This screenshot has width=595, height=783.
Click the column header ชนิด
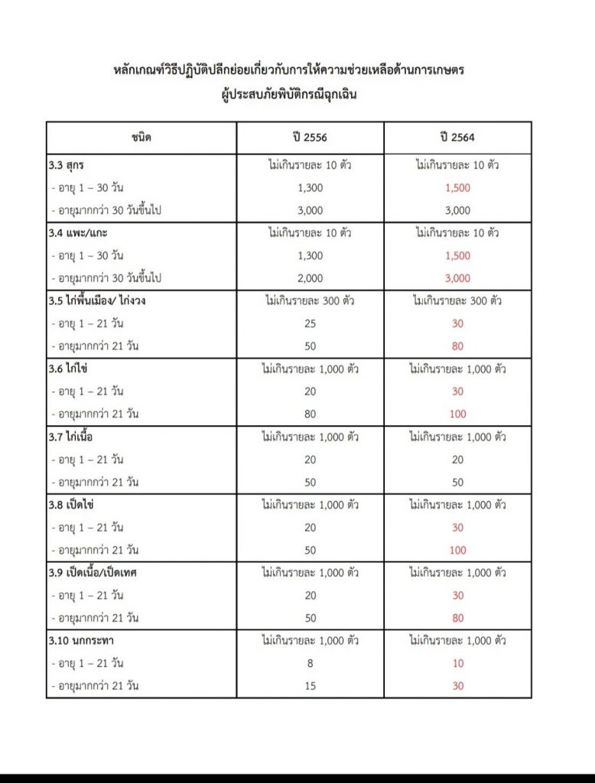pyautogui.click(x=141, y=138)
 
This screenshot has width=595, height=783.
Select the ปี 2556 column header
pyautogui.click(x=310, y=138)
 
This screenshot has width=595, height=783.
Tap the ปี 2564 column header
pyautogui.click(x=457, y=138)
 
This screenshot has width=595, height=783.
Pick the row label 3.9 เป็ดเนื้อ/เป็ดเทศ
pyautogui.click(x=98, y=573)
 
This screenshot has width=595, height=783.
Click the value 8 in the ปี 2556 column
pyautogui.click(x=310, y=664)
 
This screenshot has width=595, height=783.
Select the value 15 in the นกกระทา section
pyautogui.click(x=310, y=686)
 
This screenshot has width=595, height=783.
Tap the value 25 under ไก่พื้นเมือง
pyautogui.click(x=310, y=323)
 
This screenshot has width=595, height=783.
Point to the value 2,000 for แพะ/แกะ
pyautogui.click(x=310, y=278)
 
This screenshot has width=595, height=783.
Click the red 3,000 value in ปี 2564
pyautogui.click(x=457, y=278)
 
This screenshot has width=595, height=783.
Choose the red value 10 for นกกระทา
pyautogui.click(x=457, y=664)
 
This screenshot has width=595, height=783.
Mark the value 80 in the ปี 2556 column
pyautogui.click(x=310, y=414)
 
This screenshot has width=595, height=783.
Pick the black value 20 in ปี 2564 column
pyautogui.click(x=457, y=460)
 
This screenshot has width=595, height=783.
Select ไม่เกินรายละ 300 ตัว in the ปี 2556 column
pyautogui.click(x=310, y=301)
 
